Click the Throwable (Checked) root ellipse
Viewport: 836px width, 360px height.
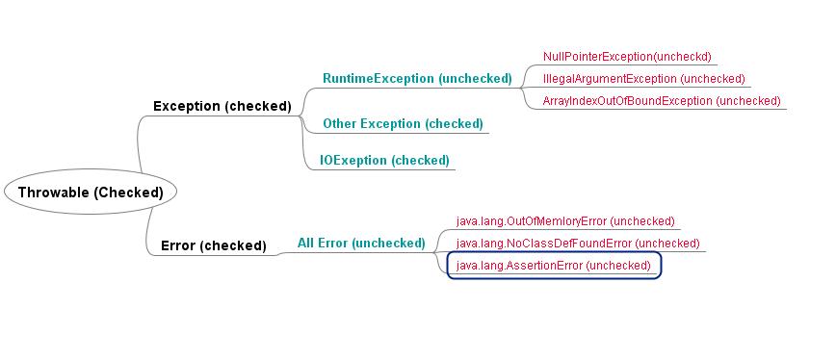click(91, 192)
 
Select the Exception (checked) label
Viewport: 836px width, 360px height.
click(222, 106)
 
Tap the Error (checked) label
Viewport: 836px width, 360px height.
click(213, 245)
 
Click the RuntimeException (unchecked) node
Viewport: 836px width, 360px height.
click(416, 78)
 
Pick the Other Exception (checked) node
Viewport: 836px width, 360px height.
click(403, 123)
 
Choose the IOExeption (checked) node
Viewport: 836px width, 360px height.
click(385, 160)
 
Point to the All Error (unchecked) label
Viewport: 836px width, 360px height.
click(360, 243)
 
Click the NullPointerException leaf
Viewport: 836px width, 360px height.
click(626, 57)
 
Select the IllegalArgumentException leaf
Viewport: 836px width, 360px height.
click(643, 78)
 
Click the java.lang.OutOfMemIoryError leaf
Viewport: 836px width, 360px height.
click(564, 221)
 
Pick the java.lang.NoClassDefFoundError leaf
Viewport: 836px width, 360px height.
click(577, 244)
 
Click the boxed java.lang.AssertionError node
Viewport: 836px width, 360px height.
click(553, 265)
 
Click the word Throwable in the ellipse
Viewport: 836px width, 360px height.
click(54, 192)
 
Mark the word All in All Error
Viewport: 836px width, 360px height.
click(307, 243)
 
